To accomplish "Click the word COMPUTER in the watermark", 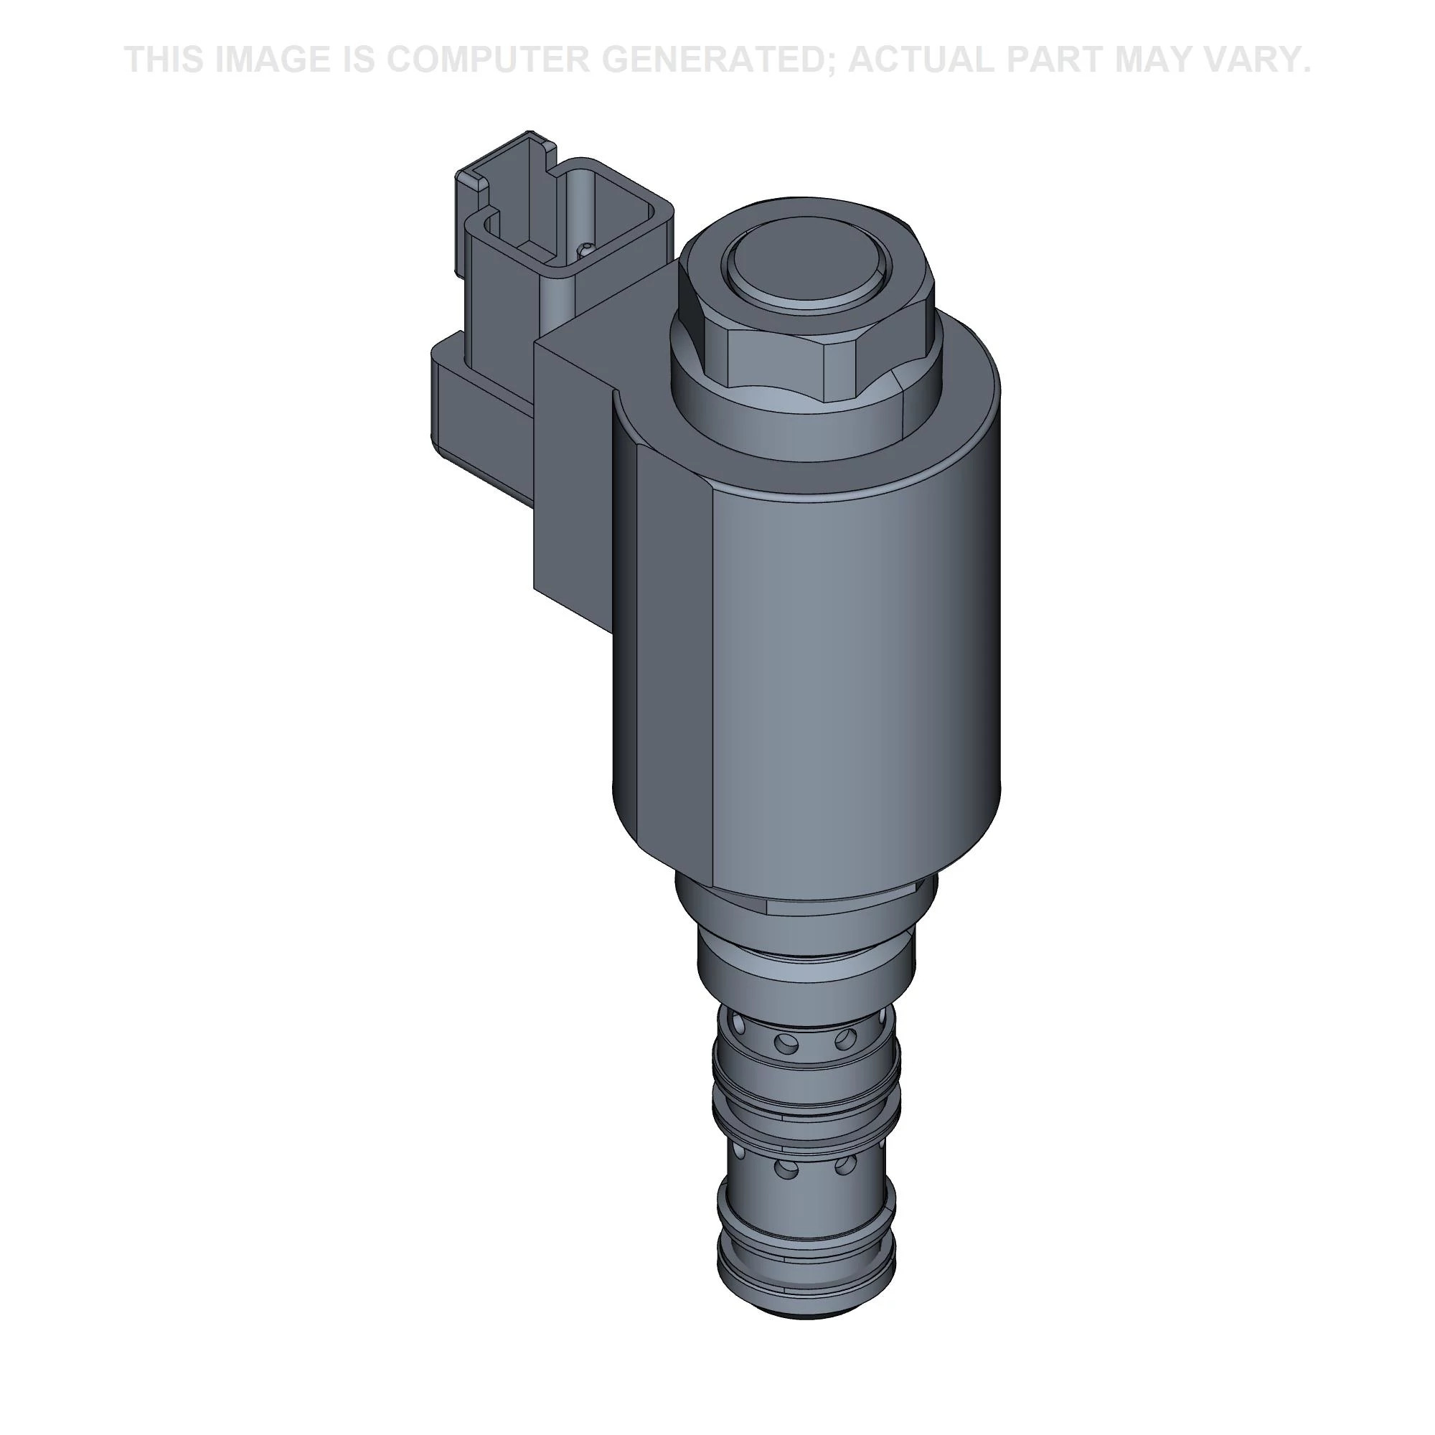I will (487, 60).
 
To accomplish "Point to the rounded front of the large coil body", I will (854, 669).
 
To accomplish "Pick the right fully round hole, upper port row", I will (845, 1038).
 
